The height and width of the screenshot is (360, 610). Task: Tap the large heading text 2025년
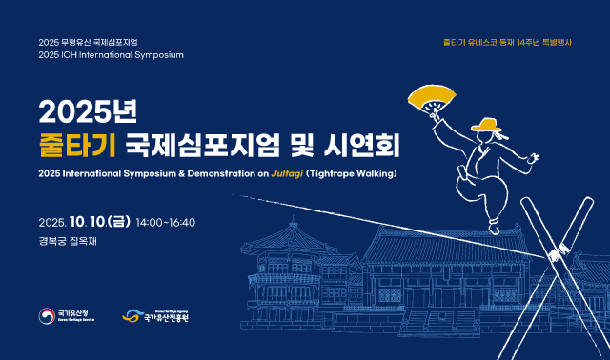coord(89,111)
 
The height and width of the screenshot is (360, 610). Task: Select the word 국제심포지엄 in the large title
coord(200,145)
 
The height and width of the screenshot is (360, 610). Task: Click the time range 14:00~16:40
coord(166,222)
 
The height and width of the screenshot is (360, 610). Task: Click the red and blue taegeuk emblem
coord(48,316)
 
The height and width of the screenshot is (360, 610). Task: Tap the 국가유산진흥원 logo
coord(156,316)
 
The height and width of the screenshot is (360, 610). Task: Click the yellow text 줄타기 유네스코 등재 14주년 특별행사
coord(507,42)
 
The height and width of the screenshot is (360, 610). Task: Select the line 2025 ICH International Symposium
coord(112,55)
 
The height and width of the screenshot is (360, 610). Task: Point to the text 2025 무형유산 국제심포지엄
coord(89,43)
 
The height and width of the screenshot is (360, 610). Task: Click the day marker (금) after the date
coord(119,222)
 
